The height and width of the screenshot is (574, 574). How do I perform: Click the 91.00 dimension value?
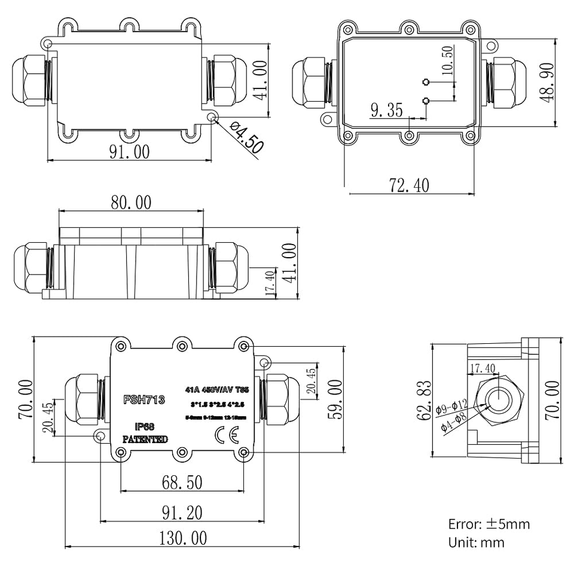click(x=129, y=152)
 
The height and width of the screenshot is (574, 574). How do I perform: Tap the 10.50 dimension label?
click(x=447, y=60)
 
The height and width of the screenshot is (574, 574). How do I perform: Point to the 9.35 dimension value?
click(x=386, y=110)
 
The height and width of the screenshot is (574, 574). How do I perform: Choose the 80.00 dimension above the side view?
click(x=131, y=203)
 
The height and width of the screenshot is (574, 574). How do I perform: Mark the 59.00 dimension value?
click(x=335, y=399)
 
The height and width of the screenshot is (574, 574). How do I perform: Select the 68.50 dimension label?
click(x=181, y=482)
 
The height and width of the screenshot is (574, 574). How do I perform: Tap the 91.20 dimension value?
click(x=181, y=512)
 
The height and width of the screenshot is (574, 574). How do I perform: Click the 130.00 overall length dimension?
click(x=182, y=538)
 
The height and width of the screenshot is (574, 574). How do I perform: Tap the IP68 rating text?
click(x=145, y=427)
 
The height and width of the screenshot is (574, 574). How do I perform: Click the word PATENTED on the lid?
click(x=145, y=439)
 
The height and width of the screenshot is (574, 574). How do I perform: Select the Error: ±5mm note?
click(x=488, y=524)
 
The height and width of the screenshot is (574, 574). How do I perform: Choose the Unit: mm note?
click(x=476, y=542)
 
